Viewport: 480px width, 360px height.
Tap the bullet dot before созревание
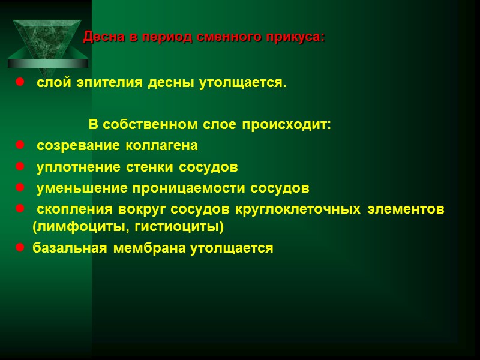coord(20,146)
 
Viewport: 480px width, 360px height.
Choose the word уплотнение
coord(73,167)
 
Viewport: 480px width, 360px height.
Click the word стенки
coord(139,167)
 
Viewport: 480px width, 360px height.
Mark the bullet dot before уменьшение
coord(20,188)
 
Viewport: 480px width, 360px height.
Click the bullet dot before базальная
coord(20,248)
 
